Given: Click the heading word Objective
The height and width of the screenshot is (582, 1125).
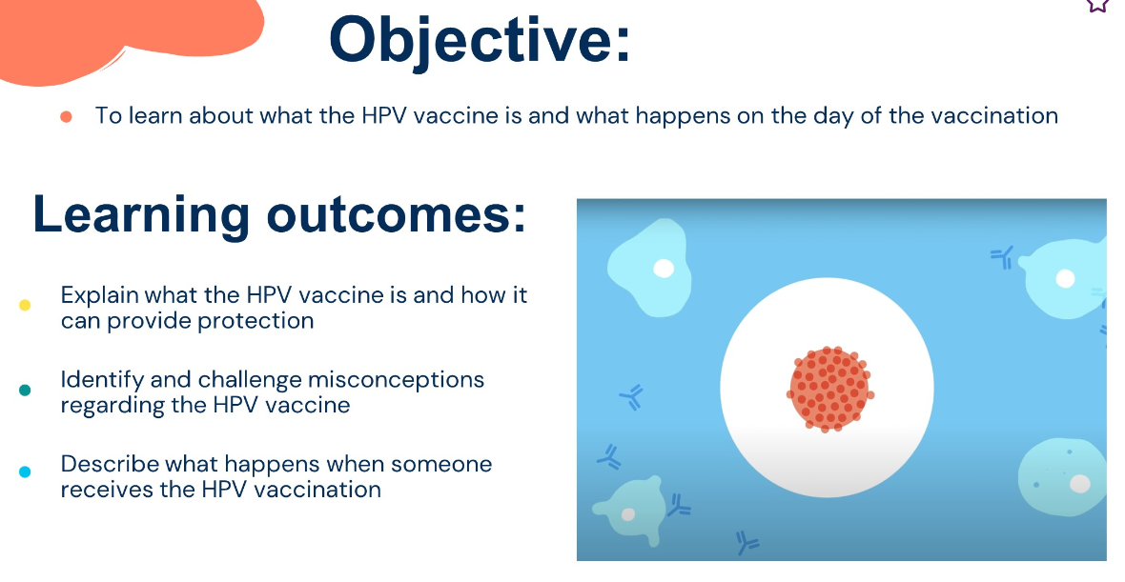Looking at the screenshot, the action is click(480, 42).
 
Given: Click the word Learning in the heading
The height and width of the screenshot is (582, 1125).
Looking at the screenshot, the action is click(141, 215).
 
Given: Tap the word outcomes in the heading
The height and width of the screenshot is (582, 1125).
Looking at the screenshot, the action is click(396, 214).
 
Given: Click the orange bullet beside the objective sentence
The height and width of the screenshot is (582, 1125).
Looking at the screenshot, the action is click(66, 117).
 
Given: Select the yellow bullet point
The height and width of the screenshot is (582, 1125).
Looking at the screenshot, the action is click(25, 306).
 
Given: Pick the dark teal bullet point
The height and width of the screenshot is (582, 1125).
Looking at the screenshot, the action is click(25, 390).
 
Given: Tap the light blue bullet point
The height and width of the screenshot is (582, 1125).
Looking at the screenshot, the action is click(25, 472).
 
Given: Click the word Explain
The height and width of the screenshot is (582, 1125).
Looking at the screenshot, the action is click(100, 296).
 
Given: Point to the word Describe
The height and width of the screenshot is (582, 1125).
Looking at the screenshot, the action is click(110, 464).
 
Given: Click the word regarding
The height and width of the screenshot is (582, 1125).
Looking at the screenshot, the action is click(112, 407).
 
